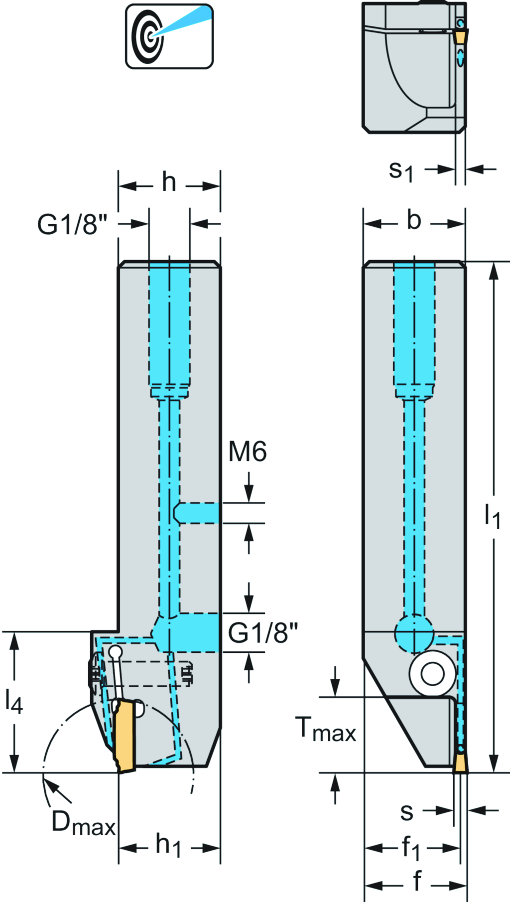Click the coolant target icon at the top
(169, 36)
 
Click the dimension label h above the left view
(169, 182)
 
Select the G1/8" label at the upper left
(72, 224)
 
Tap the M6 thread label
(248, 452)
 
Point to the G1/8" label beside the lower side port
(262, 633)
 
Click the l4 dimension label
(14, 701)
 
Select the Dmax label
(83, 823)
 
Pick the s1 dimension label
(401, 171)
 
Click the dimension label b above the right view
(413, 220)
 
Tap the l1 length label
(493, 516)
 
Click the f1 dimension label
(411, 848)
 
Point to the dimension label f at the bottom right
(417, 881)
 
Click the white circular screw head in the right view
(432, 674)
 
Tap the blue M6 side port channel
(197, 513)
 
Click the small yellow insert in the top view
(461, 36)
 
